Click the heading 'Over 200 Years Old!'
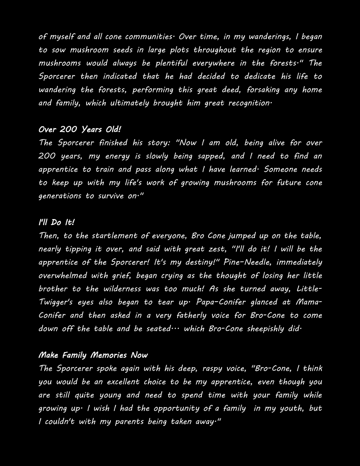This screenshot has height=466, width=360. (x=80, y=130)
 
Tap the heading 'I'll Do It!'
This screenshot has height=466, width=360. (x=57, y=223)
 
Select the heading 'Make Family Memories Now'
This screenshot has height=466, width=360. (x=93, y=355)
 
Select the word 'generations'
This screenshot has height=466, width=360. (x=61, y=196)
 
